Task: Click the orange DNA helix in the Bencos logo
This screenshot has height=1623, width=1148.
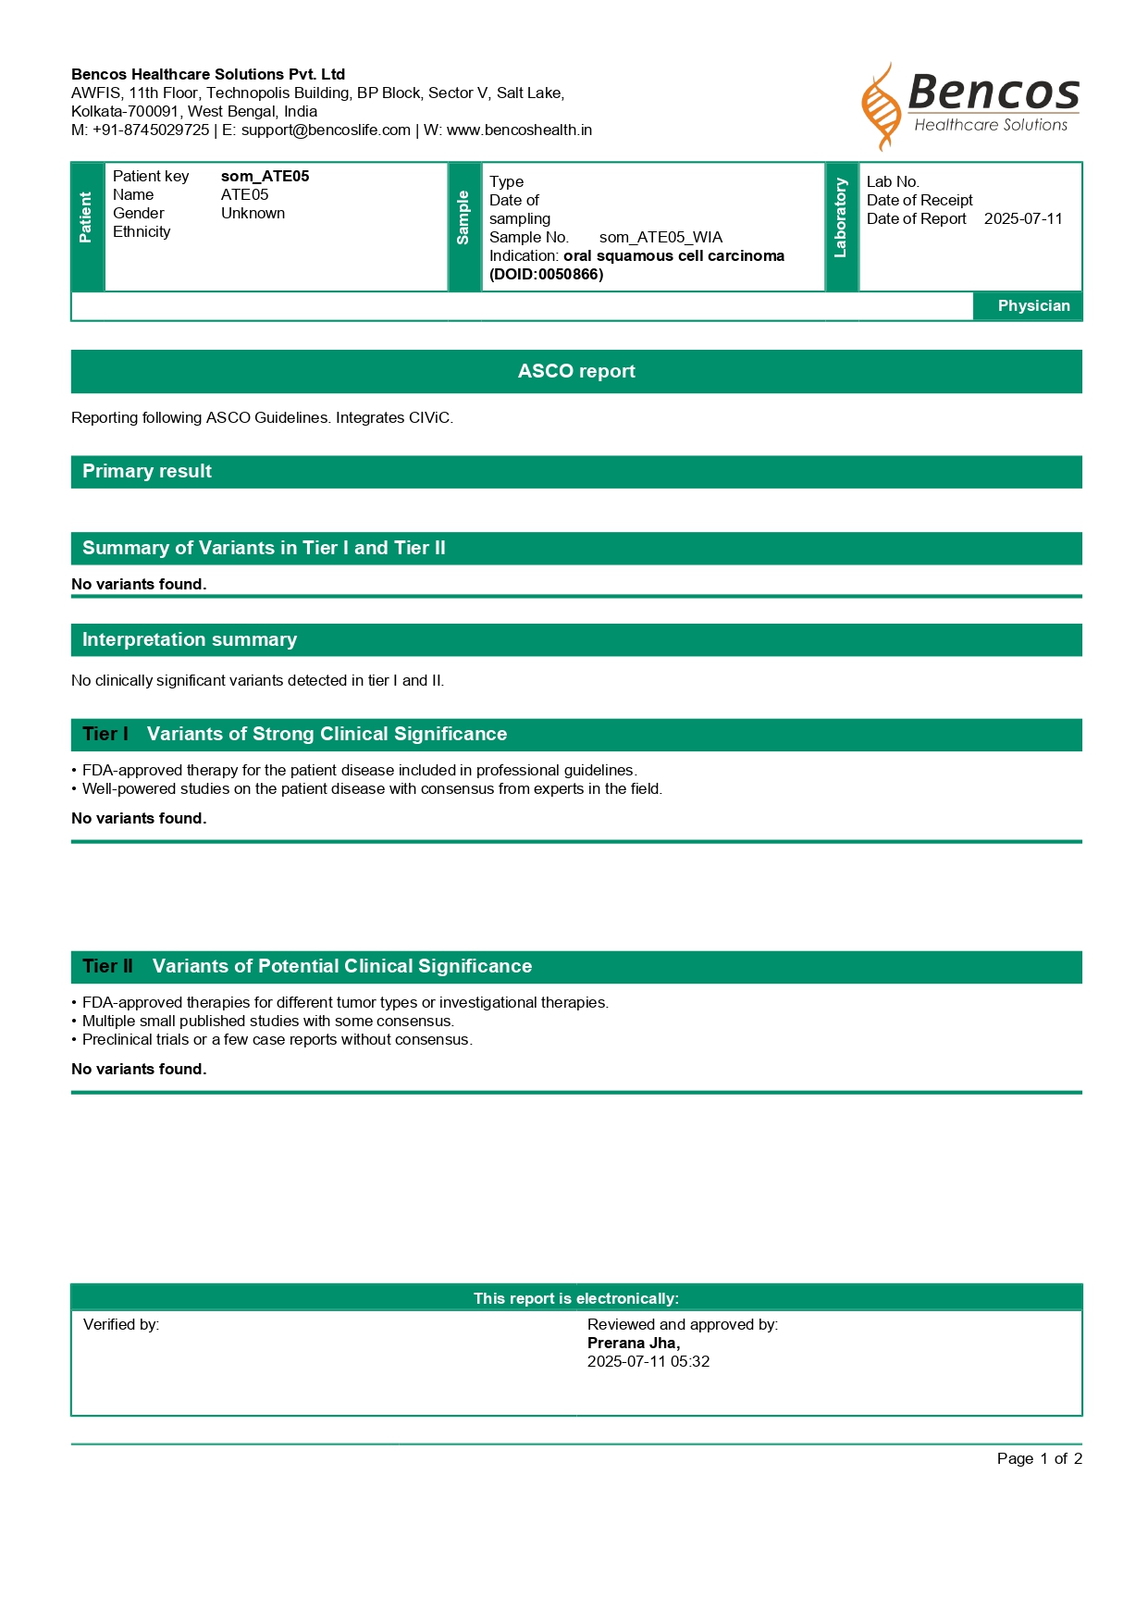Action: (x=882, y=106)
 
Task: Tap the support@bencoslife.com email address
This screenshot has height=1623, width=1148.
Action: (x=326, y=130)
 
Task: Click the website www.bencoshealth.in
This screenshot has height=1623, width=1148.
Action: (x=519, y=130)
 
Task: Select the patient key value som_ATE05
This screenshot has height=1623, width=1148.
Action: (x=265, y=177)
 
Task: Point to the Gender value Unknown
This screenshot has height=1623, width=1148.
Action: (x=253, y=214)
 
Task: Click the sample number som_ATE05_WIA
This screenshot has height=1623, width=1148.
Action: (x=660, y=238)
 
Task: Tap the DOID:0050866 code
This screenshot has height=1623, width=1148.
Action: (x=546, y=275)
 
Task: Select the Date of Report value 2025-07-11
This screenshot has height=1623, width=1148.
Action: (x=1023, y=219)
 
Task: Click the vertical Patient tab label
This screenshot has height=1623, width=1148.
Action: (x=87, y=218)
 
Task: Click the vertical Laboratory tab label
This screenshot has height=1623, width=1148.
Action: (x=841, y=218)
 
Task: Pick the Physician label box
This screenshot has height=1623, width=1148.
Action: (x=1032, y=306)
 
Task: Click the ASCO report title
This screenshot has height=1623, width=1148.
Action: (x=576, y=372)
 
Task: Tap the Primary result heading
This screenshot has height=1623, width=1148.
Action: (x=147, y=472)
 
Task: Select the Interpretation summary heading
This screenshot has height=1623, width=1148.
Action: (x=190, y=640)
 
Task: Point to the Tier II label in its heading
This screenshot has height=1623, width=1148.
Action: (x=107, y=967)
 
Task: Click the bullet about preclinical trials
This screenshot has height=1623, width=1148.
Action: (x=278, y=1040)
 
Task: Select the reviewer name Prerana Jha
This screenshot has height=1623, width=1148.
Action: (x=633, y=1344)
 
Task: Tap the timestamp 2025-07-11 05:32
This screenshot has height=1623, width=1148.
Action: (x=648, y=1362)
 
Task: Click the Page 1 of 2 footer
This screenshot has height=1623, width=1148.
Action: (x=1039, y=1459)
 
